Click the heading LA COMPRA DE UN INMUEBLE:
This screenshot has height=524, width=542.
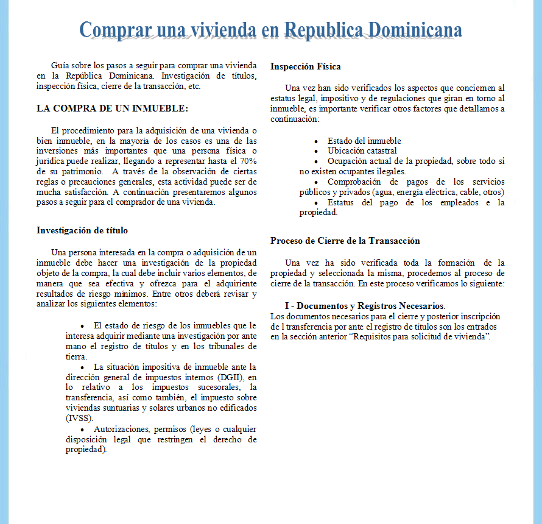(x=112, y=108)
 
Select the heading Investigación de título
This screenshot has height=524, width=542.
(x=82, y=230)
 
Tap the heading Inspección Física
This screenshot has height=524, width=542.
(x=306, y=66)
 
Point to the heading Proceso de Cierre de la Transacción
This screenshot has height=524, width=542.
(x=345, y=241)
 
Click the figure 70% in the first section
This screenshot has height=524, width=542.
(x=248, y=161)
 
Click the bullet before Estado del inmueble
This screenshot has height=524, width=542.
(x=316, y=141)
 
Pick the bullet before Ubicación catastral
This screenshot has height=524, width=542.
(x=316, y=151)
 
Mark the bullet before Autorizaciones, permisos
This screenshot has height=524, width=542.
(x=82, y=430)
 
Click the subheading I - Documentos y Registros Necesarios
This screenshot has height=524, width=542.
(x=364, y=305)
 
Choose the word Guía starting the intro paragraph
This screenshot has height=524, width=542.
(x=60, y=65)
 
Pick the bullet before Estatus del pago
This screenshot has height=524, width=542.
(x=316, y=202)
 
